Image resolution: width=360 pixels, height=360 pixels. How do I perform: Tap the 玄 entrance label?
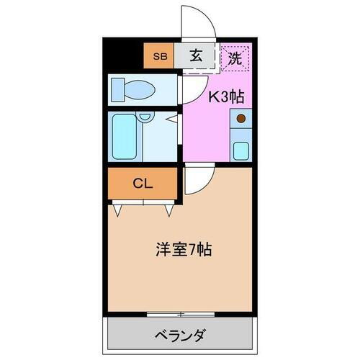pos(196,56)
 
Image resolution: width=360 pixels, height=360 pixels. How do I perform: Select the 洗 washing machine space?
pos(235,58)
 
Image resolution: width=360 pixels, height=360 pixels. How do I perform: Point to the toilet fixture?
pos(133,90)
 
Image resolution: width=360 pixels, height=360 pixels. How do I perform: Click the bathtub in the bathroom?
pos(124,136)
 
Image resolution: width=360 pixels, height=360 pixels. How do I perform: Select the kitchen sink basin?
pos(240,150)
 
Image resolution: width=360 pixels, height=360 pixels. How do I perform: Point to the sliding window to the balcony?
pos(180,313)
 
